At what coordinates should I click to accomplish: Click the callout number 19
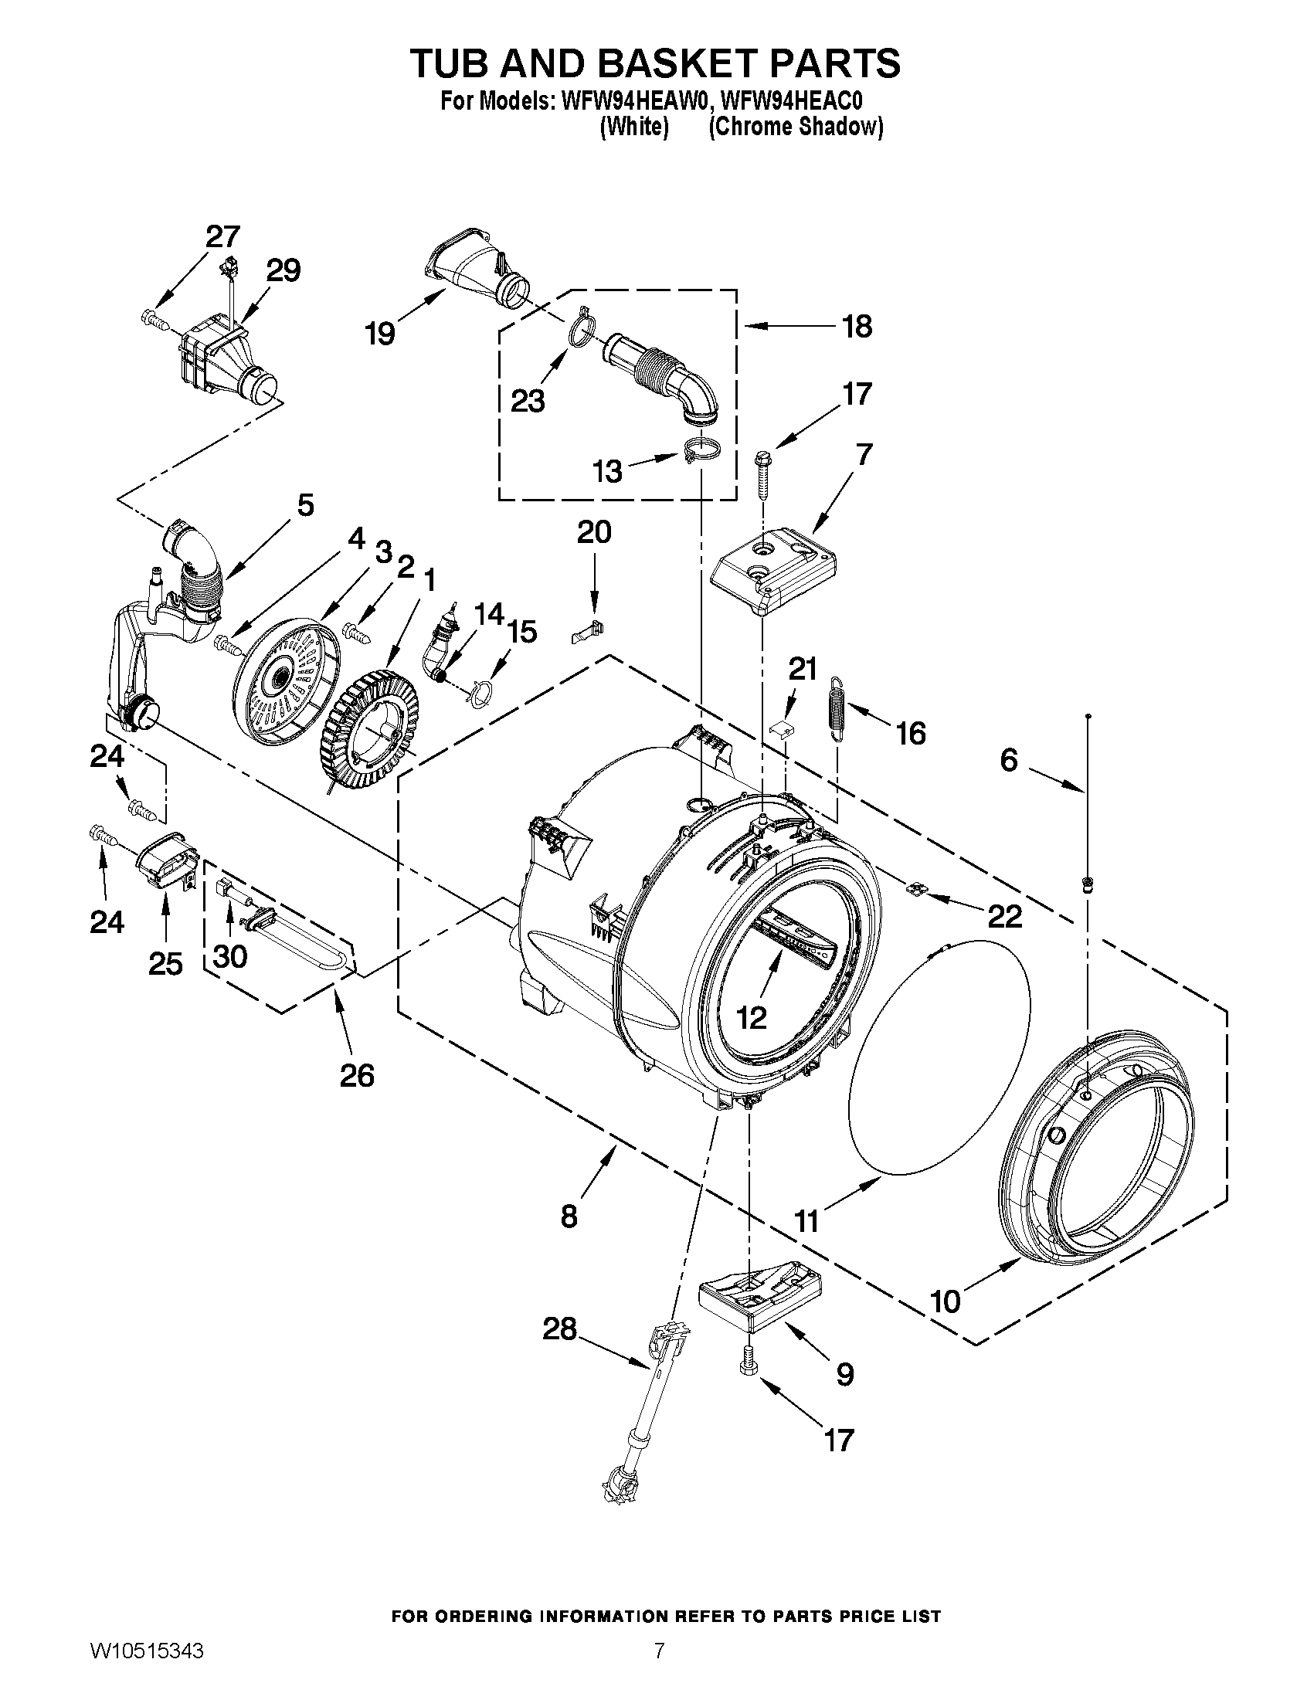[x=381, y=334]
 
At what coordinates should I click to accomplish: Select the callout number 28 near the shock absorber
[x=560, y=1328]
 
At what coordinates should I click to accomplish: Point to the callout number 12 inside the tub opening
[x=752, y=1016]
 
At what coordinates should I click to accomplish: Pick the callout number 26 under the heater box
[x=357, y=1075]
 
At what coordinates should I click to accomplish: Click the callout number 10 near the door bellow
[x=946, y=1301]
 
